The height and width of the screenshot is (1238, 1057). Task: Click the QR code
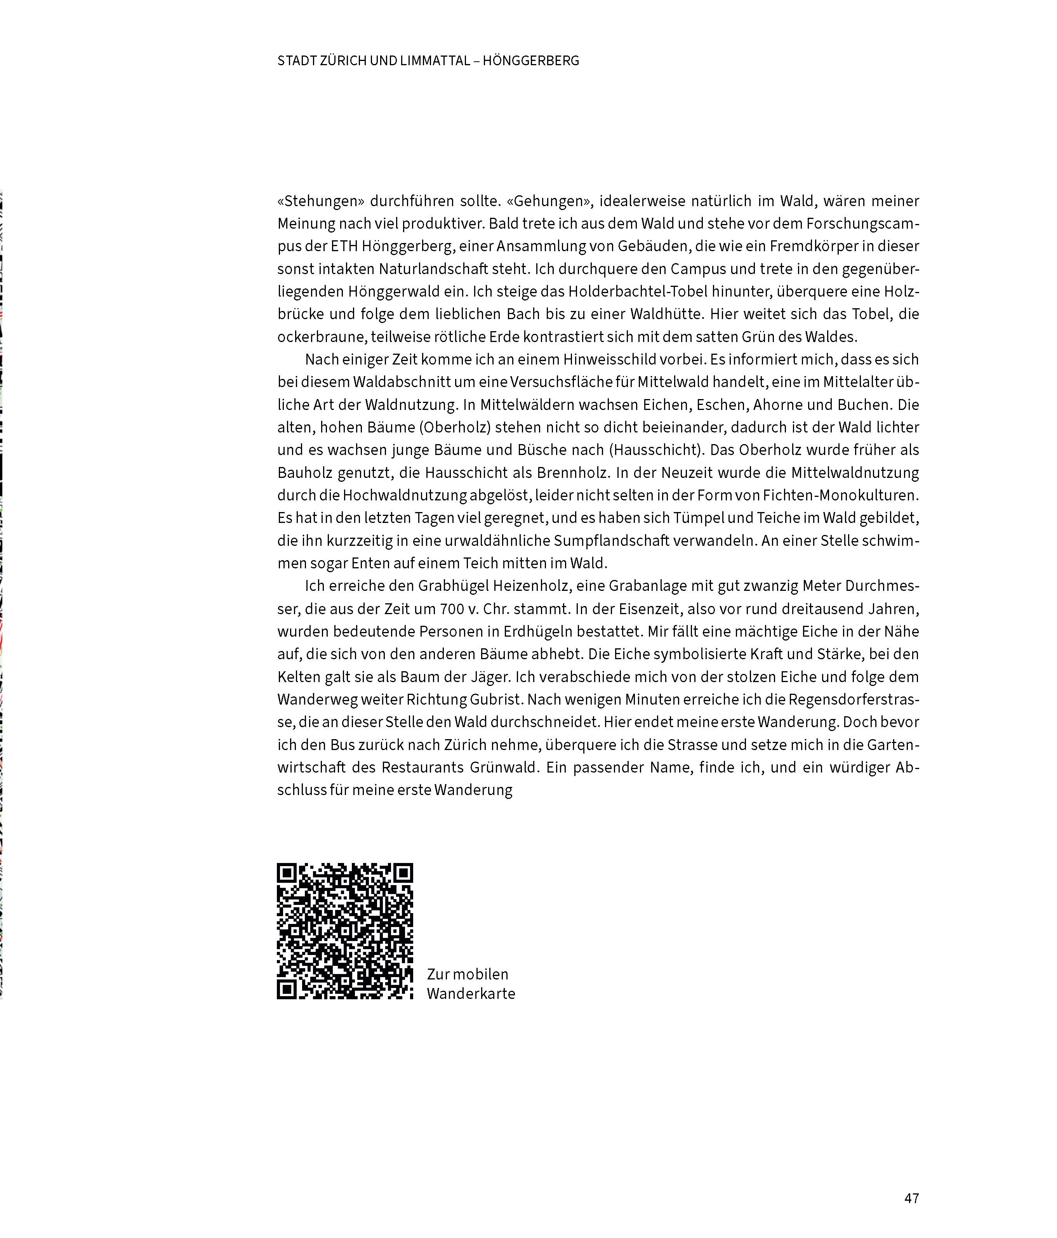tap(345, 931)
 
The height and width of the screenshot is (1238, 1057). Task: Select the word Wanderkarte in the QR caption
tap(471, 994)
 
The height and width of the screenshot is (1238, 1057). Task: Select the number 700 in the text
tap(452, 609)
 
